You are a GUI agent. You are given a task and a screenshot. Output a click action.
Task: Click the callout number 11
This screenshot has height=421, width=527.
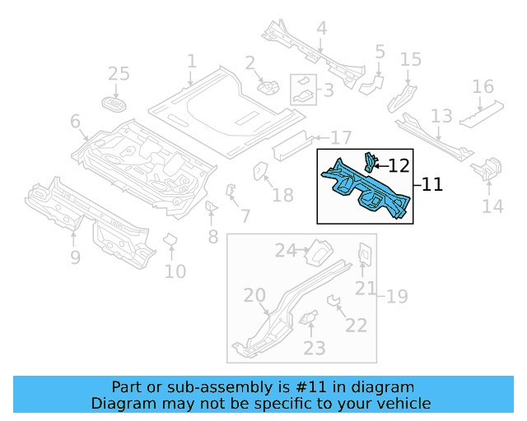pos(432,186)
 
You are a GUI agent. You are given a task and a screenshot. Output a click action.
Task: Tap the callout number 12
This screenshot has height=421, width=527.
pos(399,165)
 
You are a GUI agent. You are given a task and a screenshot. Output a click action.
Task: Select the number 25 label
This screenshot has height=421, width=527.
pos(119,75)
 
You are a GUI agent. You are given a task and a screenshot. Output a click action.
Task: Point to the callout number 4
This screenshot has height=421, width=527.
pos(321,29)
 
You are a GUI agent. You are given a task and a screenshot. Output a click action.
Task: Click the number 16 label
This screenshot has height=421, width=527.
pos(483,87)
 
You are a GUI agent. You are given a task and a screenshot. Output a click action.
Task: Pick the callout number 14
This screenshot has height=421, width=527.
pos(492,206)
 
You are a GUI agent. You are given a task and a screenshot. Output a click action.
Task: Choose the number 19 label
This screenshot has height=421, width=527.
pos(397,296)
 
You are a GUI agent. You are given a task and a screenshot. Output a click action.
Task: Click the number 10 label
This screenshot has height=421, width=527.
pos(175,271)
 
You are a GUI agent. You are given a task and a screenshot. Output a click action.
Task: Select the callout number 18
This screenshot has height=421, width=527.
pos(282,195)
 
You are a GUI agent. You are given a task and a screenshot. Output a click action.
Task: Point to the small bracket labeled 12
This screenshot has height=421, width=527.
pos(371,160)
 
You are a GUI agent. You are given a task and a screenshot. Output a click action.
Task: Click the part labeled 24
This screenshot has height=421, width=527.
pos(317,250)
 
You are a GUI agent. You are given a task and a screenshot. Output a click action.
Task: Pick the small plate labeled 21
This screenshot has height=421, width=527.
pos(363,255)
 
